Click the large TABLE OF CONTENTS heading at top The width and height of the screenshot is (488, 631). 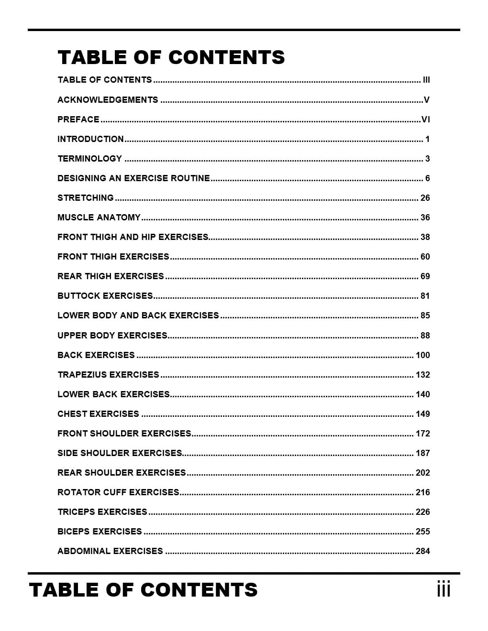point(171,57)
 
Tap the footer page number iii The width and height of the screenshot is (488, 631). point(444,589)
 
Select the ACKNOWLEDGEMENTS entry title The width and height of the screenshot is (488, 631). point(108,100)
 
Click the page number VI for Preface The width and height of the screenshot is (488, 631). point(425,120)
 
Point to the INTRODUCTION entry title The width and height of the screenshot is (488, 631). point(90,139)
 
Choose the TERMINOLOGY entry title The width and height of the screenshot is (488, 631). point(90,159)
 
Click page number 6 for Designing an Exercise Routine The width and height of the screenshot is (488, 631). point(427,178)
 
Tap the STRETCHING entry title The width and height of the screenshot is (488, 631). point(86,198)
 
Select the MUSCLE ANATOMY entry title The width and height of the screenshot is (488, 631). point(99,218)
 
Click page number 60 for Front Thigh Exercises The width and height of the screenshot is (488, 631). point(425,257)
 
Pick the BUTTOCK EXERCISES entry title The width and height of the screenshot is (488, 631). point(105,296)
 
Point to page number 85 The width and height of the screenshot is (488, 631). point(425,315)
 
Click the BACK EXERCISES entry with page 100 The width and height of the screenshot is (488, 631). point(96,355)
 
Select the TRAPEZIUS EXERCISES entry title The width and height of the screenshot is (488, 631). point(108,375)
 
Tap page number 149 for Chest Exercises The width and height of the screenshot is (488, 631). point(423,414)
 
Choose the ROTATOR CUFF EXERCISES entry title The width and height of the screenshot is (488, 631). point(118,492)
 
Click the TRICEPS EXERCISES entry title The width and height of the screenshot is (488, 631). point(102,512)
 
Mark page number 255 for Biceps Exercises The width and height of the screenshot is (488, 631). point(423,532)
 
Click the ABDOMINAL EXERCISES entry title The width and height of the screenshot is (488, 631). point(110,551)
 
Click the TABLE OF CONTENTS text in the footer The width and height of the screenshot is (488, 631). point(143,590)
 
